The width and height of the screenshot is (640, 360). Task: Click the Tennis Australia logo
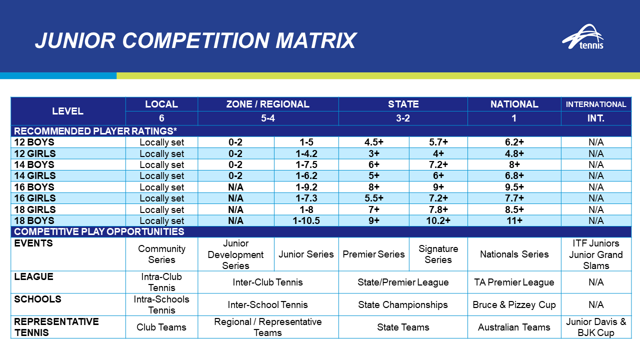(x=583, y=36)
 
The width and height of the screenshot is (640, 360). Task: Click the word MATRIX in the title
(x=315, y=40)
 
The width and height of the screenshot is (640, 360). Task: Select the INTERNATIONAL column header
(x=596, y=104)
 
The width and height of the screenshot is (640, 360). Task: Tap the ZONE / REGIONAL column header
(x=267, y=104)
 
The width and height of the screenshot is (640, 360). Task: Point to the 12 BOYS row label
(x=34, y=142)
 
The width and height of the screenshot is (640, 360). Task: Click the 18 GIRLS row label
(x=35, y=209)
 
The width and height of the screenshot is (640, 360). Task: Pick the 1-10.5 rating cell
(x=306, y=220)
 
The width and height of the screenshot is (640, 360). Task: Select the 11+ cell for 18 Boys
(x=514, y=220)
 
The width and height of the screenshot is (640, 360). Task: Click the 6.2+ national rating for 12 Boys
(x=514, y=142)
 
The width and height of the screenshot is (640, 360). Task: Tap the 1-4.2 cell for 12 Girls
(x=306, y=153)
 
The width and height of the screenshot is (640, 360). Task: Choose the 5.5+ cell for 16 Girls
(x=373, y=198)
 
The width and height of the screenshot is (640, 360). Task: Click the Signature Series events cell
(x=438, y=254)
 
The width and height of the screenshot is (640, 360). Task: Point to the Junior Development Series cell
(x=235, y=254)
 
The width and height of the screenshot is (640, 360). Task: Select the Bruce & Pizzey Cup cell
(x=514, y=304)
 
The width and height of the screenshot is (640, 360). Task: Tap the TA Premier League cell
(x=514, y=282)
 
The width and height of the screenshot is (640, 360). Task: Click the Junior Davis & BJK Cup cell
(x=596, y=327)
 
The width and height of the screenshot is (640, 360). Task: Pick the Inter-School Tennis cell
(x=267, y=304)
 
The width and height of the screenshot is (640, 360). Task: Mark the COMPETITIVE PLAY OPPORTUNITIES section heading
(x=99, y=231)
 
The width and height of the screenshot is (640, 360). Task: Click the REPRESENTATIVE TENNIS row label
(x=56, y=327)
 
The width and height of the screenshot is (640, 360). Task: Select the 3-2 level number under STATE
(x=403, y=118)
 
